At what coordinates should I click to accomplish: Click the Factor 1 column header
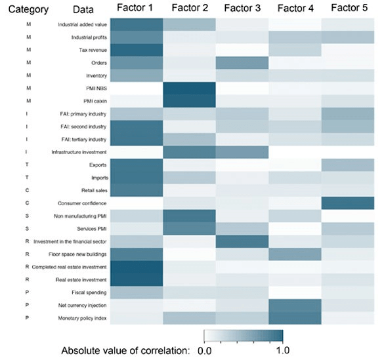pyautogui.click(x=136, y=8)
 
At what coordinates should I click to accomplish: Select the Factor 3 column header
pyautogui.click(x=242, y=8)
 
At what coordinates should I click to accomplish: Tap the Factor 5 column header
pyautogui.click(x=349, y=8)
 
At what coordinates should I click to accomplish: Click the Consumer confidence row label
pyautogui.click(x=69, y=203)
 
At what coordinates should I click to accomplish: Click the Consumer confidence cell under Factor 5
pyautogui.click(x=349, y=203)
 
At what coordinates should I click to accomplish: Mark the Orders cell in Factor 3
pyautogui.click(x=242, y=63)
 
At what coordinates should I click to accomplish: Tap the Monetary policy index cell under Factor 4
pyautogui.click(x=295, y=318)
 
